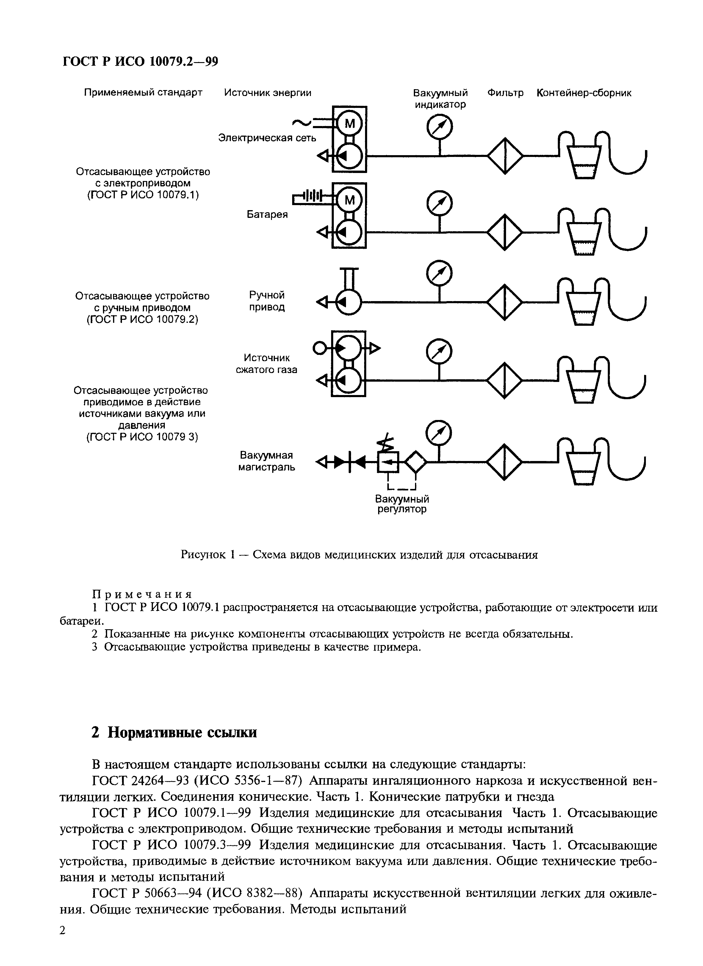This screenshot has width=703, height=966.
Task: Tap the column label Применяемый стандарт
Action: [143, 93]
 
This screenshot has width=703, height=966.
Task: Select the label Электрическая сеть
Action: [267, 138]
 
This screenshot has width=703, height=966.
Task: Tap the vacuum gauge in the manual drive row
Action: [439, 274]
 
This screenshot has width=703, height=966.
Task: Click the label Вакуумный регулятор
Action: [402, 504]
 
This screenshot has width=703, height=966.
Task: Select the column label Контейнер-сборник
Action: [584, 93]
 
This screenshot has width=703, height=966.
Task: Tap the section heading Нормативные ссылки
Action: [182, 732]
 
